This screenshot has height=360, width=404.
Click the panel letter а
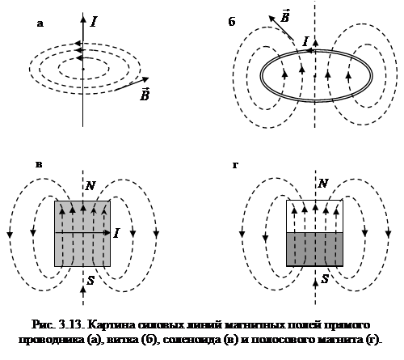[x=40, y=24]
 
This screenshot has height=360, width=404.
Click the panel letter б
[x=232, y=22]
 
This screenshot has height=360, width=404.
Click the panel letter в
[x=39, y=164]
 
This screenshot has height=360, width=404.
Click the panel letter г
[x=235, y=165]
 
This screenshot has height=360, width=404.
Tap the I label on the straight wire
[x=94, y=22]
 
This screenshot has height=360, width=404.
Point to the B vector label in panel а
[x=145, y=95]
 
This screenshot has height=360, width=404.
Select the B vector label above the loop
[x=284, y=15]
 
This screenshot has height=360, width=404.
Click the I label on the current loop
[x=305, y=41]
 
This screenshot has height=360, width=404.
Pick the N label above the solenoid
[x=90, y=185]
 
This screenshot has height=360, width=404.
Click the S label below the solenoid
[x=90, y=281]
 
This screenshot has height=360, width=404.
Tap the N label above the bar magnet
[x=323, y=184]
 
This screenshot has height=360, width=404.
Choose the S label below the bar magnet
[x=325, y=279]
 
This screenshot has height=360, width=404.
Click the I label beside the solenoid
[x=116, y=233]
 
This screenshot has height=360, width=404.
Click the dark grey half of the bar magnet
[x=314, y=249]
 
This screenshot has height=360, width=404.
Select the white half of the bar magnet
[x=314, y=216]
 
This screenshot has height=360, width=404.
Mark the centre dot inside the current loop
[x=315, y=76]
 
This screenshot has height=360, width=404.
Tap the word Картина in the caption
[x=112, y=324]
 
